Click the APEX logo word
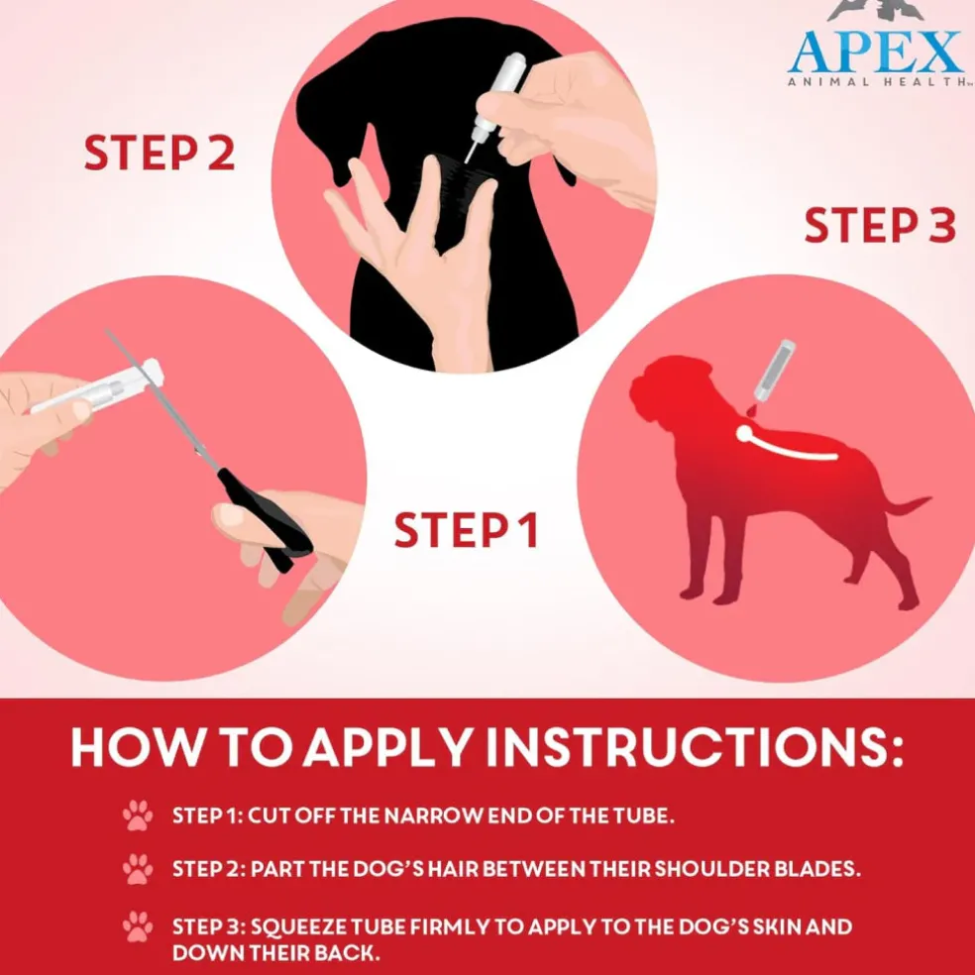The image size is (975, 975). click(x=876, y=52)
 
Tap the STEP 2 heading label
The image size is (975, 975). click(x=160, y=153)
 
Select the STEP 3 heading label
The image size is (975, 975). click(x=880, y=225)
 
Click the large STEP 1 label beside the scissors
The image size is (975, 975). click(x=466, y=530)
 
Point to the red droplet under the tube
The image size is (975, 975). click(x=753, y=409)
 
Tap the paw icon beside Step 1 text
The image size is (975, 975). click(x=138, y=815)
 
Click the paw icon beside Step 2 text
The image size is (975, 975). click(x=138, y=869)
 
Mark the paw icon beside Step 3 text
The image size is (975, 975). click(x=138, y=926)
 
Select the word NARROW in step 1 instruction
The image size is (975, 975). click(x=433, y=815)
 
